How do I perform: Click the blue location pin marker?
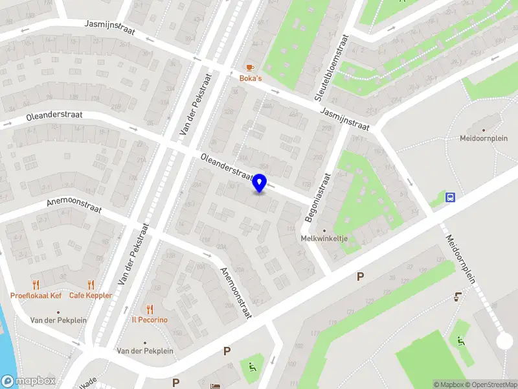pyautogui.click(x=260, y=183)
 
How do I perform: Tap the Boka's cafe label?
pyautogui.click(x=251, y=78)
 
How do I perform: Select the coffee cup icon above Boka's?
pyautogui.click(x=251, y=67)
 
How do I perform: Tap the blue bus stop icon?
pyautogui.click(x=451, y=197)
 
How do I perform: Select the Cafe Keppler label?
pyautogui.click(x=91, y=296)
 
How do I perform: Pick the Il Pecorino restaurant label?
pyautogui.click(x=150, y=320)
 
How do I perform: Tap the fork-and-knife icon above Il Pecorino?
pyautogui.click(x=150, y=309)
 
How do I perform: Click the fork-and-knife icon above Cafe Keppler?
pyautogui.click(x=91, y=285)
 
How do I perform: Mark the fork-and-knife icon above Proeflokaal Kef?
pyautogui.click(x=36, y=285)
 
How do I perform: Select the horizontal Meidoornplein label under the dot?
pyautogui.click(x=484, y=138)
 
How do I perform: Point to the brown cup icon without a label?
pyautogui.click(x=458, y=297)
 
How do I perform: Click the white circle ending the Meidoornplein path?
pyautogui.click(x=504, y=341)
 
